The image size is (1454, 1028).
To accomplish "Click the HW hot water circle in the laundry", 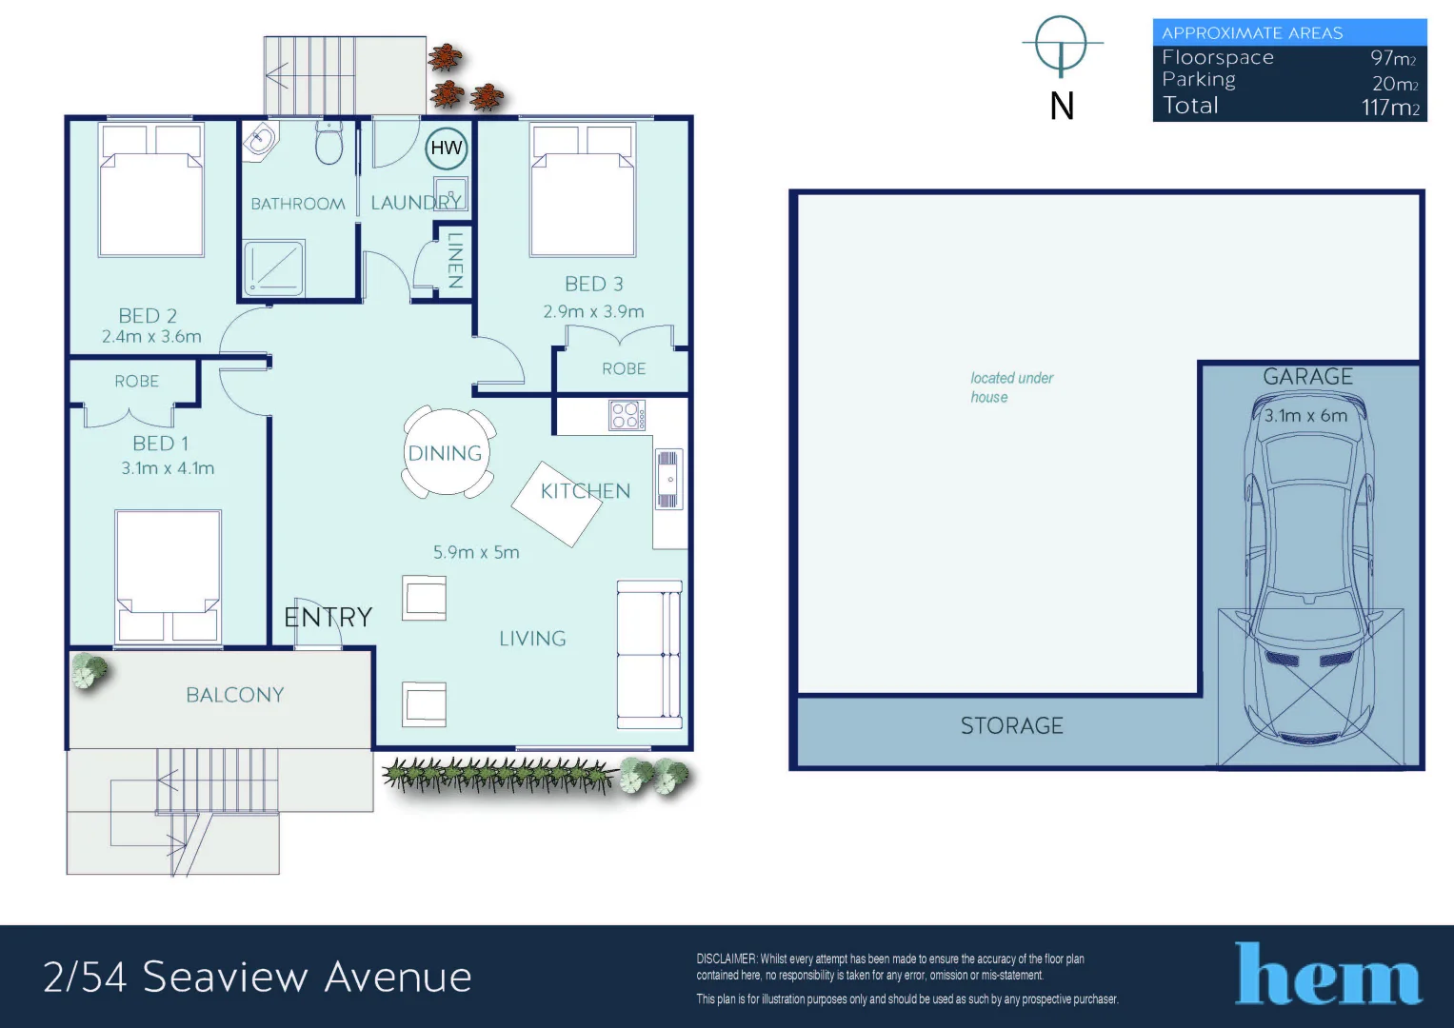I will click(446, 148).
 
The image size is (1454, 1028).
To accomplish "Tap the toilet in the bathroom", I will click(329, 145).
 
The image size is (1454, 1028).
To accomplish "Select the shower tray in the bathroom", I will click(274, 267).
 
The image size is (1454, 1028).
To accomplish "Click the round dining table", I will click(446, 453).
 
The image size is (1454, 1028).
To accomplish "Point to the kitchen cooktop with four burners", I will click(627, 415).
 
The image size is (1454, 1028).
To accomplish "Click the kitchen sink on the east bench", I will click(668, 480).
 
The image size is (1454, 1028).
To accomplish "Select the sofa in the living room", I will click(649, 654).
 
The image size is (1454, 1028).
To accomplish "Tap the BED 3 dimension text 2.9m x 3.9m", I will click(593, 311).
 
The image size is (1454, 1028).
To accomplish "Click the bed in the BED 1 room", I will click(168, 575).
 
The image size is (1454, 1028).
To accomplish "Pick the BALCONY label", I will click(235, 695).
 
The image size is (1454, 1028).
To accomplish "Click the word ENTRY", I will click(328, 618).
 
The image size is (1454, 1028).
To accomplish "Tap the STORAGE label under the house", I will click(1011, 726).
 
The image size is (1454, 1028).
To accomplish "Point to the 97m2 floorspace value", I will click(1393, 58).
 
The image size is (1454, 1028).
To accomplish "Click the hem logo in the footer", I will click(1327, 975).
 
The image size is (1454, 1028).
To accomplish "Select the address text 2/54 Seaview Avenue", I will click(257, 978).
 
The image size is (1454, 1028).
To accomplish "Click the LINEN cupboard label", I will click(455, 260).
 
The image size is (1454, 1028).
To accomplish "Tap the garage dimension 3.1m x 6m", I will click(1305, 416).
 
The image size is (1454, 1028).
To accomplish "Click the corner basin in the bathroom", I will click(259, 143).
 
